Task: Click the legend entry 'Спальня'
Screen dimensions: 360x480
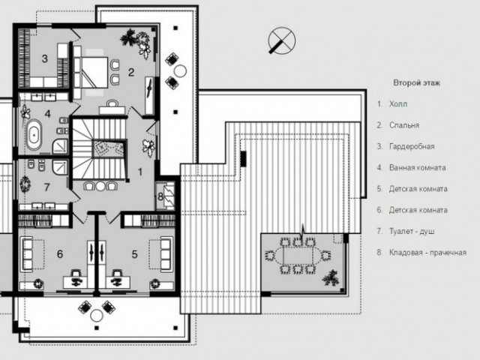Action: click(x=403, y=125)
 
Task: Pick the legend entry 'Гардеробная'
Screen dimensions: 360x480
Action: click(x=411, y=146)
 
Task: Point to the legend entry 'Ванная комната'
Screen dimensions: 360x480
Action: click(x=417, y=167)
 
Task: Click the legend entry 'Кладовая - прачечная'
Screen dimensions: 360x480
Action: click(x=427, y=252)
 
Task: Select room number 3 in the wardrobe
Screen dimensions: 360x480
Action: click(x=45, y=58)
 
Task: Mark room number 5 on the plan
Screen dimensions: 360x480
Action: click(x=135, y=254)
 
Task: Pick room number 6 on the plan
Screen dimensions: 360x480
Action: click(x=60, y=254)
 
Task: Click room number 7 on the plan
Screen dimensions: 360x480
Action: click(x=46, y=186)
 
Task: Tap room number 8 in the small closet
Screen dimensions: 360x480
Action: click(x=160, y=196)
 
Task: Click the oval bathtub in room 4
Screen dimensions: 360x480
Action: click(x=34, y=137)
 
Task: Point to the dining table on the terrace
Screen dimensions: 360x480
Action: click(x=298, y=256)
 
